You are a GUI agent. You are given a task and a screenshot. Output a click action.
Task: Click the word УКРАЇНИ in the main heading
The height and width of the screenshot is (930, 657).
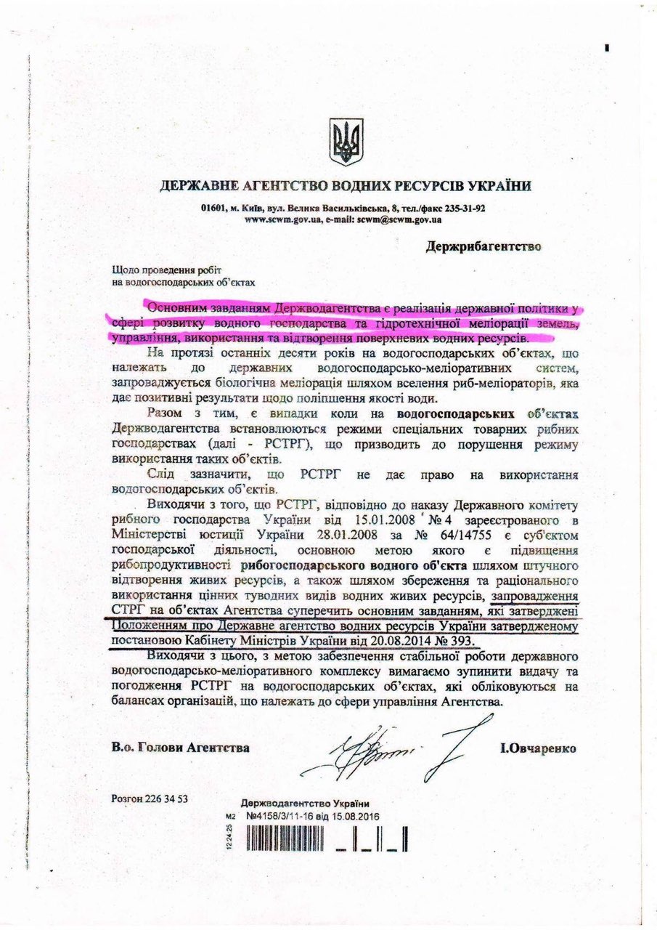(491, 186)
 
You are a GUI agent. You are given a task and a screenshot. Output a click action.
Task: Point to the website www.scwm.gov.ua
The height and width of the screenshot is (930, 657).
(282, 219)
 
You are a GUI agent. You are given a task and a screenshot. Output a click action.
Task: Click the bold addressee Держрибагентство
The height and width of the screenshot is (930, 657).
(483, 246)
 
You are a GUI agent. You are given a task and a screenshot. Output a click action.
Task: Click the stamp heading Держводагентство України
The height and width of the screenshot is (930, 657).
(304, 803)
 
